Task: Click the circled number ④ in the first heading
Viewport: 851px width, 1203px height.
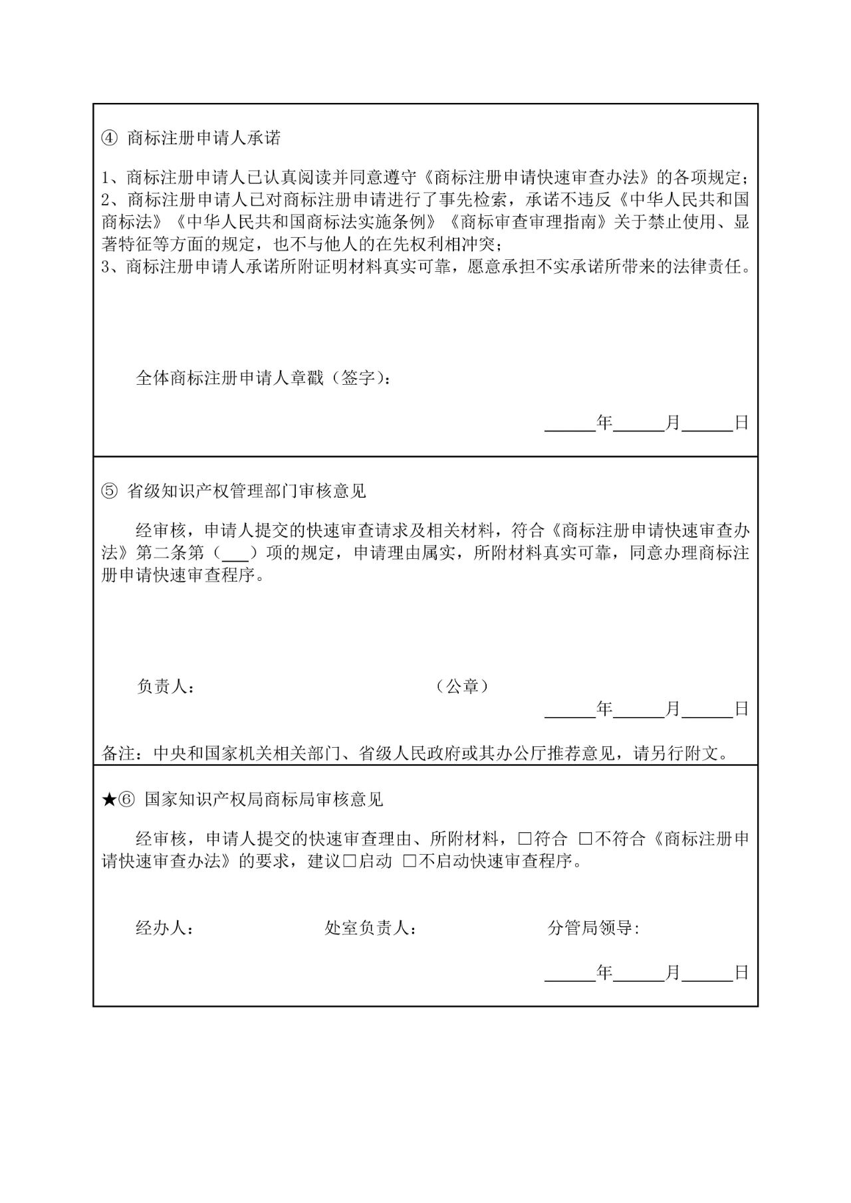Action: point(109,138)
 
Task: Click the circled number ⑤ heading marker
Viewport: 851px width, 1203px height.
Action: point(109,491)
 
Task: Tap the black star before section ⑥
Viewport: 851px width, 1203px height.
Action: point(109,800)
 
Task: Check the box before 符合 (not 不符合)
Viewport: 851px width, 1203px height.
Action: point(525,839)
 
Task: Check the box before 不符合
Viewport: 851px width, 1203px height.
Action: point(586,839)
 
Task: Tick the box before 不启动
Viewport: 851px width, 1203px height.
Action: point(410,861)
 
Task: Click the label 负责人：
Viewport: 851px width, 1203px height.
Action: point(166,687)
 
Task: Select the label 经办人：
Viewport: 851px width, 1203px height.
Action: point(165,929)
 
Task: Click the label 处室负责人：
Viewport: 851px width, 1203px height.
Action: point(370,929)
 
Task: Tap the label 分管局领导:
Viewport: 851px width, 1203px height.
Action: point(593,929)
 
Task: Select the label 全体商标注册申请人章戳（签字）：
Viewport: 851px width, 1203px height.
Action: point(263,379)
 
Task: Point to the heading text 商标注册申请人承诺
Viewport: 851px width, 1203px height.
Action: point(203,138)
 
